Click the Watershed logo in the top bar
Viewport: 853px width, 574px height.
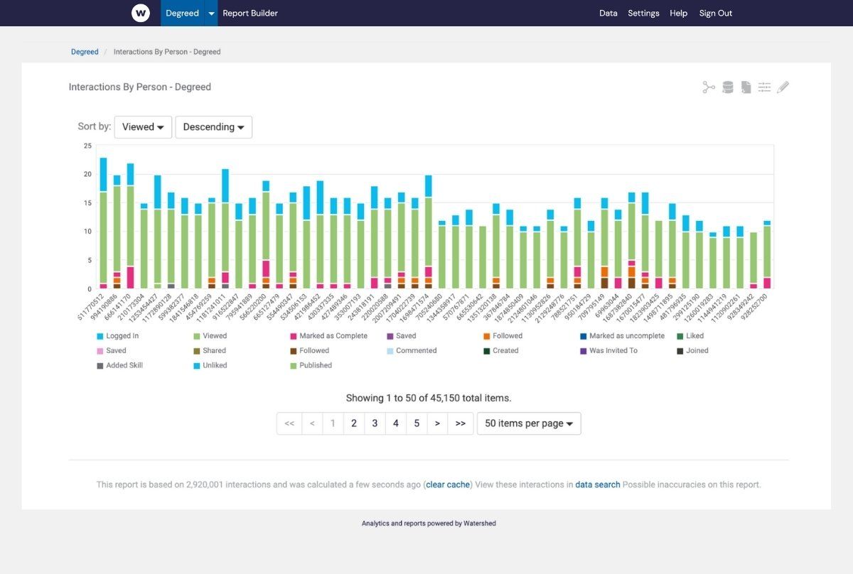[141, 13]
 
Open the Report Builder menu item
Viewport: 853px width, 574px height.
[250, 13]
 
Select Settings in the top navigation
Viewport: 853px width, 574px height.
[643, 13]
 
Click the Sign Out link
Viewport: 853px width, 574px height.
[715, 13]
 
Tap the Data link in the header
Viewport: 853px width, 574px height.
[608, 13]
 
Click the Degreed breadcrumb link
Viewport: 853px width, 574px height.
[85, 52]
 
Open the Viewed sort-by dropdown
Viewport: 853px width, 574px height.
[143, 127]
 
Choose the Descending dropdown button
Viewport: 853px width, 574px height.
[213, 127]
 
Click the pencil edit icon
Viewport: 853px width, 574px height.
[783, 87]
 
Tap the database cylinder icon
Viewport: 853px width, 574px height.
[727, 87]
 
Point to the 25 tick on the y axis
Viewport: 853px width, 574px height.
[87, 146]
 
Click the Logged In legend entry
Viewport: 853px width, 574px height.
[122, 336]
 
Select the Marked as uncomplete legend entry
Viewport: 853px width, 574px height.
[626, 336]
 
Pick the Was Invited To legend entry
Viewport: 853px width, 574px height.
[613, 351]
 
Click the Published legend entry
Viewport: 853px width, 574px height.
[315, 366]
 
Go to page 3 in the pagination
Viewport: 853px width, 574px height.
[375, 423]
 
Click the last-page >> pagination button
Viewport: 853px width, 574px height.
[461, 423]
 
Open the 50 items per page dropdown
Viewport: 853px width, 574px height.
[529, 423]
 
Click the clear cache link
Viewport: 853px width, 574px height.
[448, 484]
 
